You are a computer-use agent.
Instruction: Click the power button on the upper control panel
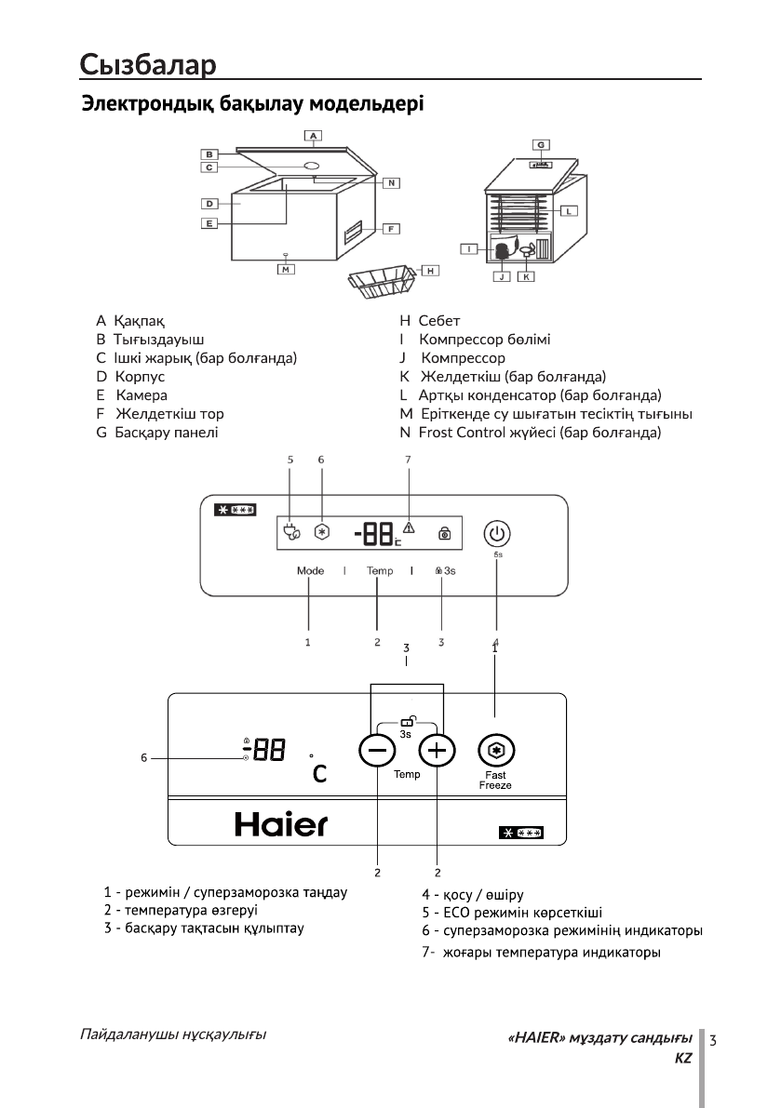496,534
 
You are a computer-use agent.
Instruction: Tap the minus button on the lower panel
377,751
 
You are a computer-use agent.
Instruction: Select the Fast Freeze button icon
494,751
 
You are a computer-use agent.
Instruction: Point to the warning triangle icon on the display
409,528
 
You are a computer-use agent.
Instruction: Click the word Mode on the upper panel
310,570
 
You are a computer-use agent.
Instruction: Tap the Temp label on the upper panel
379,570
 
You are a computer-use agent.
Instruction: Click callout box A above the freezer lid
315,136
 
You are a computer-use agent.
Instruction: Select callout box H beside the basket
430,270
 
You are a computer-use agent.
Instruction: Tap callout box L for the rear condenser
569,210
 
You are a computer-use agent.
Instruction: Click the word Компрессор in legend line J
463,357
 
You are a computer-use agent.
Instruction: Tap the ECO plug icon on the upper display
290,534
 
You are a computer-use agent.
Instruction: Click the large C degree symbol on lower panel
319,773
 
